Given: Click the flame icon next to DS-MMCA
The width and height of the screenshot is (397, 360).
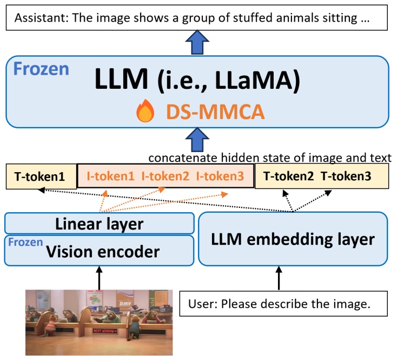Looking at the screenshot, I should pos(145,112).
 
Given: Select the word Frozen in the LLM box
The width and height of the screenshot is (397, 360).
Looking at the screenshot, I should pos(41,69).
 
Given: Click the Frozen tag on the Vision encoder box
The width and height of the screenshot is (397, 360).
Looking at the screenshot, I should pos(25,242).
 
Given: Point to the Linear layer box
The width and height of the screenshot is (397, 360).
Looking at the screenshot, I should pos(100,224).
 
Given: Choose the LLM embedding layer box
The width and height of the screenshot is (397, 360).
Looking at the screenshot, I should pos(293,239).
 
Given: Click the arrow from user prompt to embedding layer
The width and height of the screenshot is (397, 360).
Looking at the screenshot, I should pos(279,278).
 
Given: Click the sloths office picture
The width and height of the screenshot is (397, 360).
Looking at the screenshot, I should pos(99,322).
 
